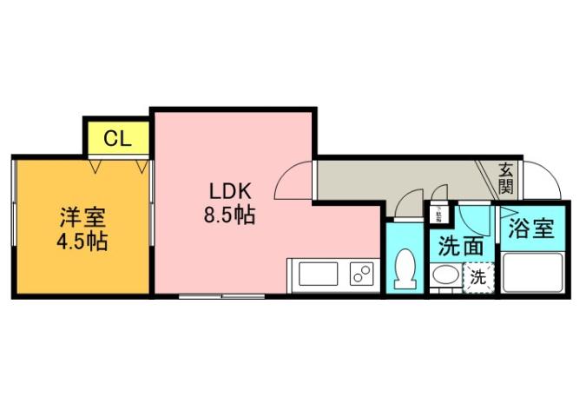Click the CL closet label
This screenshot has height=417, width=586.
click(117, 138)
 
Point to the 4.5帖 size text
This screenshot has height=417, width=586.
click(82, 241)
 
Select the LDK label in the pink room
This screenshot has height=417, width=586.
click(229, 190)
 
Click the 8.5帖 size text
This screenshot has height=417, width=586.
click(229, 215)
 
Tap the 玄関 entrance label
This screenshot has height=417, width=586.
click(507, 178)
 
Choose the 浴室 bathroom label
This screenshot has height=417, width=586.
click(531, 229)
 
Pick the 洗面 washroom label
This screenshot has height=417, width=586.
click(460, 246)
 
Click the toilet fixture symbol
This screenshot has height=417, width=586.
click(405, 268)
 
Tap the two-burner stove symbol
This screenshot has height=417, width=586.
click(361, 275)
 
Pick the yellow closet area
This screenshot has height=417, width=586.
click(117, 137)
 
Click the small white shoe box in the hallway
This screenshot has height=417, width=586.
click(438, 211)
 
